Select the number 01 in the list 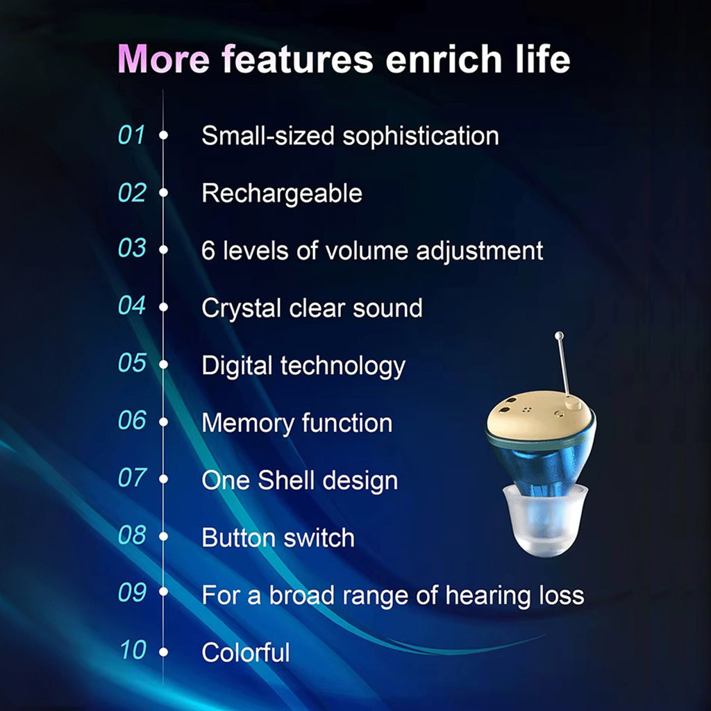point(131,135)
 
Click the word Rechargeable point(281,193)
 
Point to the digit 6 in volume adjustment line point(208,251)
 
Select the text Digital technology point(303,365)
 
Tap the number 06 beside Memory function point(132,421)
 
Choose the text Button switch point(278,537)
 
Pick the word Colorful point(245,653)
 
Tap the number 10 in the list point(132,651)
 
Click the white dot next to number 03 point(164,249)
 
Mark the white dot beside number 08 point(164,536)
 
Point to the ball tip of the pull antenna point(558,337)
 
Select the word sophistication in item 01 point(421,135)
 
